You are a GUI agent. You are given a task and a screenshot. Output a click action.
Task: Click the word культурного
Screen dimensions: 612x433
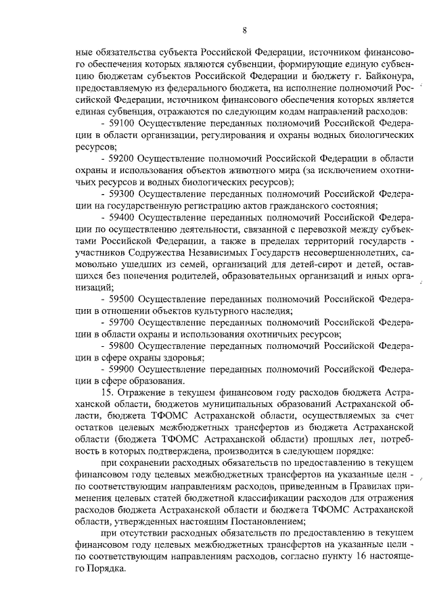click(x=218, y=310)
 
